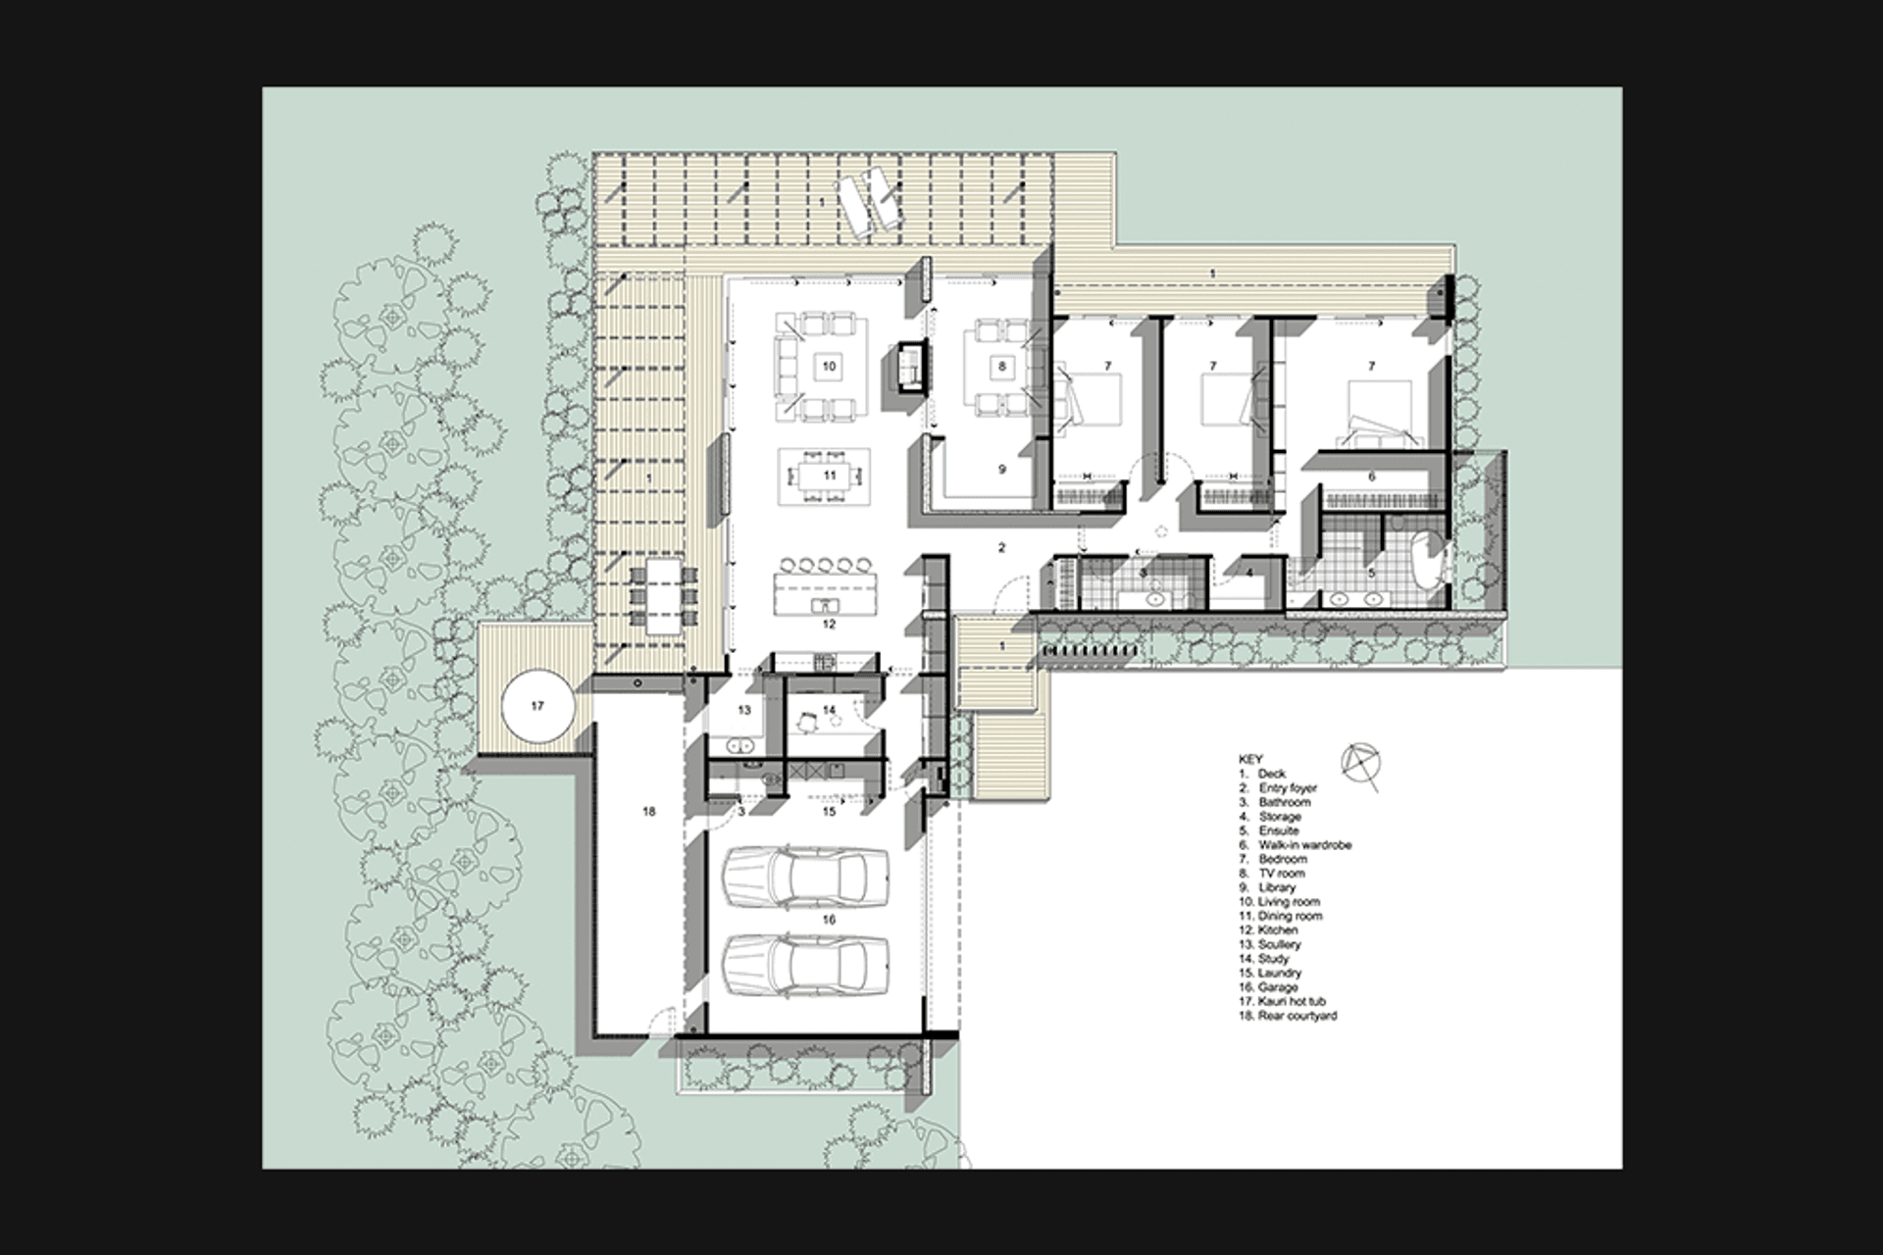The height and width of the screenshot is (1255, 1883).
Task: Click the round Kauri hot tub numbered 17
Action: pos(536,706)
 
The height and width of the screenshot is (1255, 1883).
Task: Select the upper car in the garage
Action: pos(805,875)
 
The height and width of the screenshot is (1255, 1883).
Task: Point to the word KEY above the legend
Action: pos(1250,759)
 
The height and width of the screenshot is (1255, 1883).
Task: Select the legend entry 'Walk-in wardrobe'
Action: pos(1304,844)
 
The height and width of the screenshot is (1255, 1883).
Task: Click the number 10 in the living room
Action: pos(829,366)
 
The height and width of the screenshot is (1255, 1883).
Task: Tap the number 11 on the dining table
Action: pos(830,476)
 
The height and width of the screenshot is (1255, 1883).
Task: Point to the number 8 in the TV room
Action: pos(1001,366)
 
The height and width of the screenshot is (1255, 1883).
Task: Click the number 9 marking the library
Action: pos(1001,470)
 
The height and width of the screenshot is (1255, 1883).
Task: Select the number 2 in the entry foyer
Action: pos(1001,547)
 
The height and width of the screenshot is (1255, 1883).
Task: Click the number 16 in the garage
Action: pos(830,920)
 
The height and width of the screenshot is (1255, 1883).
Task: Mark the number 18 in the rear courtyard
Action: pos(648,812)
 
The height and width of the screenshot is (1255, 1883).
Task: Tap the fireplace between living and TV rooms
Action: pos(911,368)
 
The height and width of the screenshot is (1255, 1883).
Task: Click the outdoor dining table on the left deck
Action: pos(664,594)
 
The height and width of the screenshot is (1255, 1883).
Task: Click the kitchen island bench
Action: pos(825,594)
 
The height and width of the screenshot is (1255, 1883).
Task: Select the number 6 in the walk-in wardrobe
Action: pos(1371,477)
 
